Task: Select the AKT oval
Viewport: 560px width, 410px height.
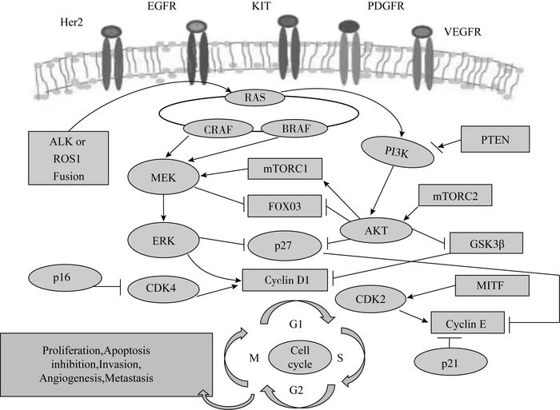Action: click(x=366, y=229)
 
